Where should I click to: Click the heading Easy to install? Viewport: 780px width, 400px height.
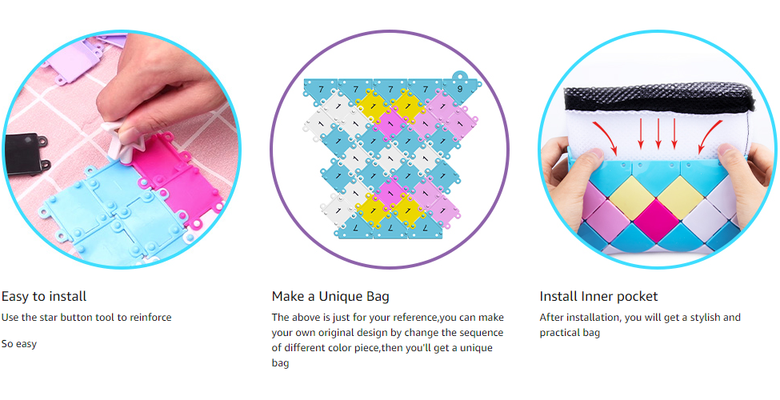pyautogui.click(x=44, y=297)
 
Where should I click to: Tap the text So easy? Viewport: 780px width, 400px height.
pyautogui.click(x=19, y=344)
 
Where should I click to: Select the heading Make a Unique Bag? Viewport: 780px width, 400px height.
pyautogui.click(x=330, y=297)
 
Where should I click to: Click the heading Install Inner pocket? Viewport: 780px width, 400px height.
pyautogui.click(x=598, y=297)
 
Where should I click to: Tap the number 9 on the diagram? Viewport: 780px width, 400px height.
pyautogui.click(x=460, y=89)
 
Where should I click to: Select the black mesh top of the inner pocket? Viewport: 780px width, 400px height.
pyautogui.click(x=658, y=98)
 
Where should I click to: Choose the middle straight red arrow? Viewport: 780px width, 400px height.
pyautogui.click(x=658, y=134)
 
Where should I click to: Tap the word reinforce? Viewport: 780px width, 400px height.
pyautogui.click(x=150, y=318)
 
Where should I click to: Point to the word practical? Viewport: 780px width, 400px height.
pyautogui.click(x=560, y=333)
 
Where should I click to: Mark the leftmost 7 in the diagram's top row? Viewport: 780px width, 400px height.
pyautogui.click(x=321, y=90)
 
